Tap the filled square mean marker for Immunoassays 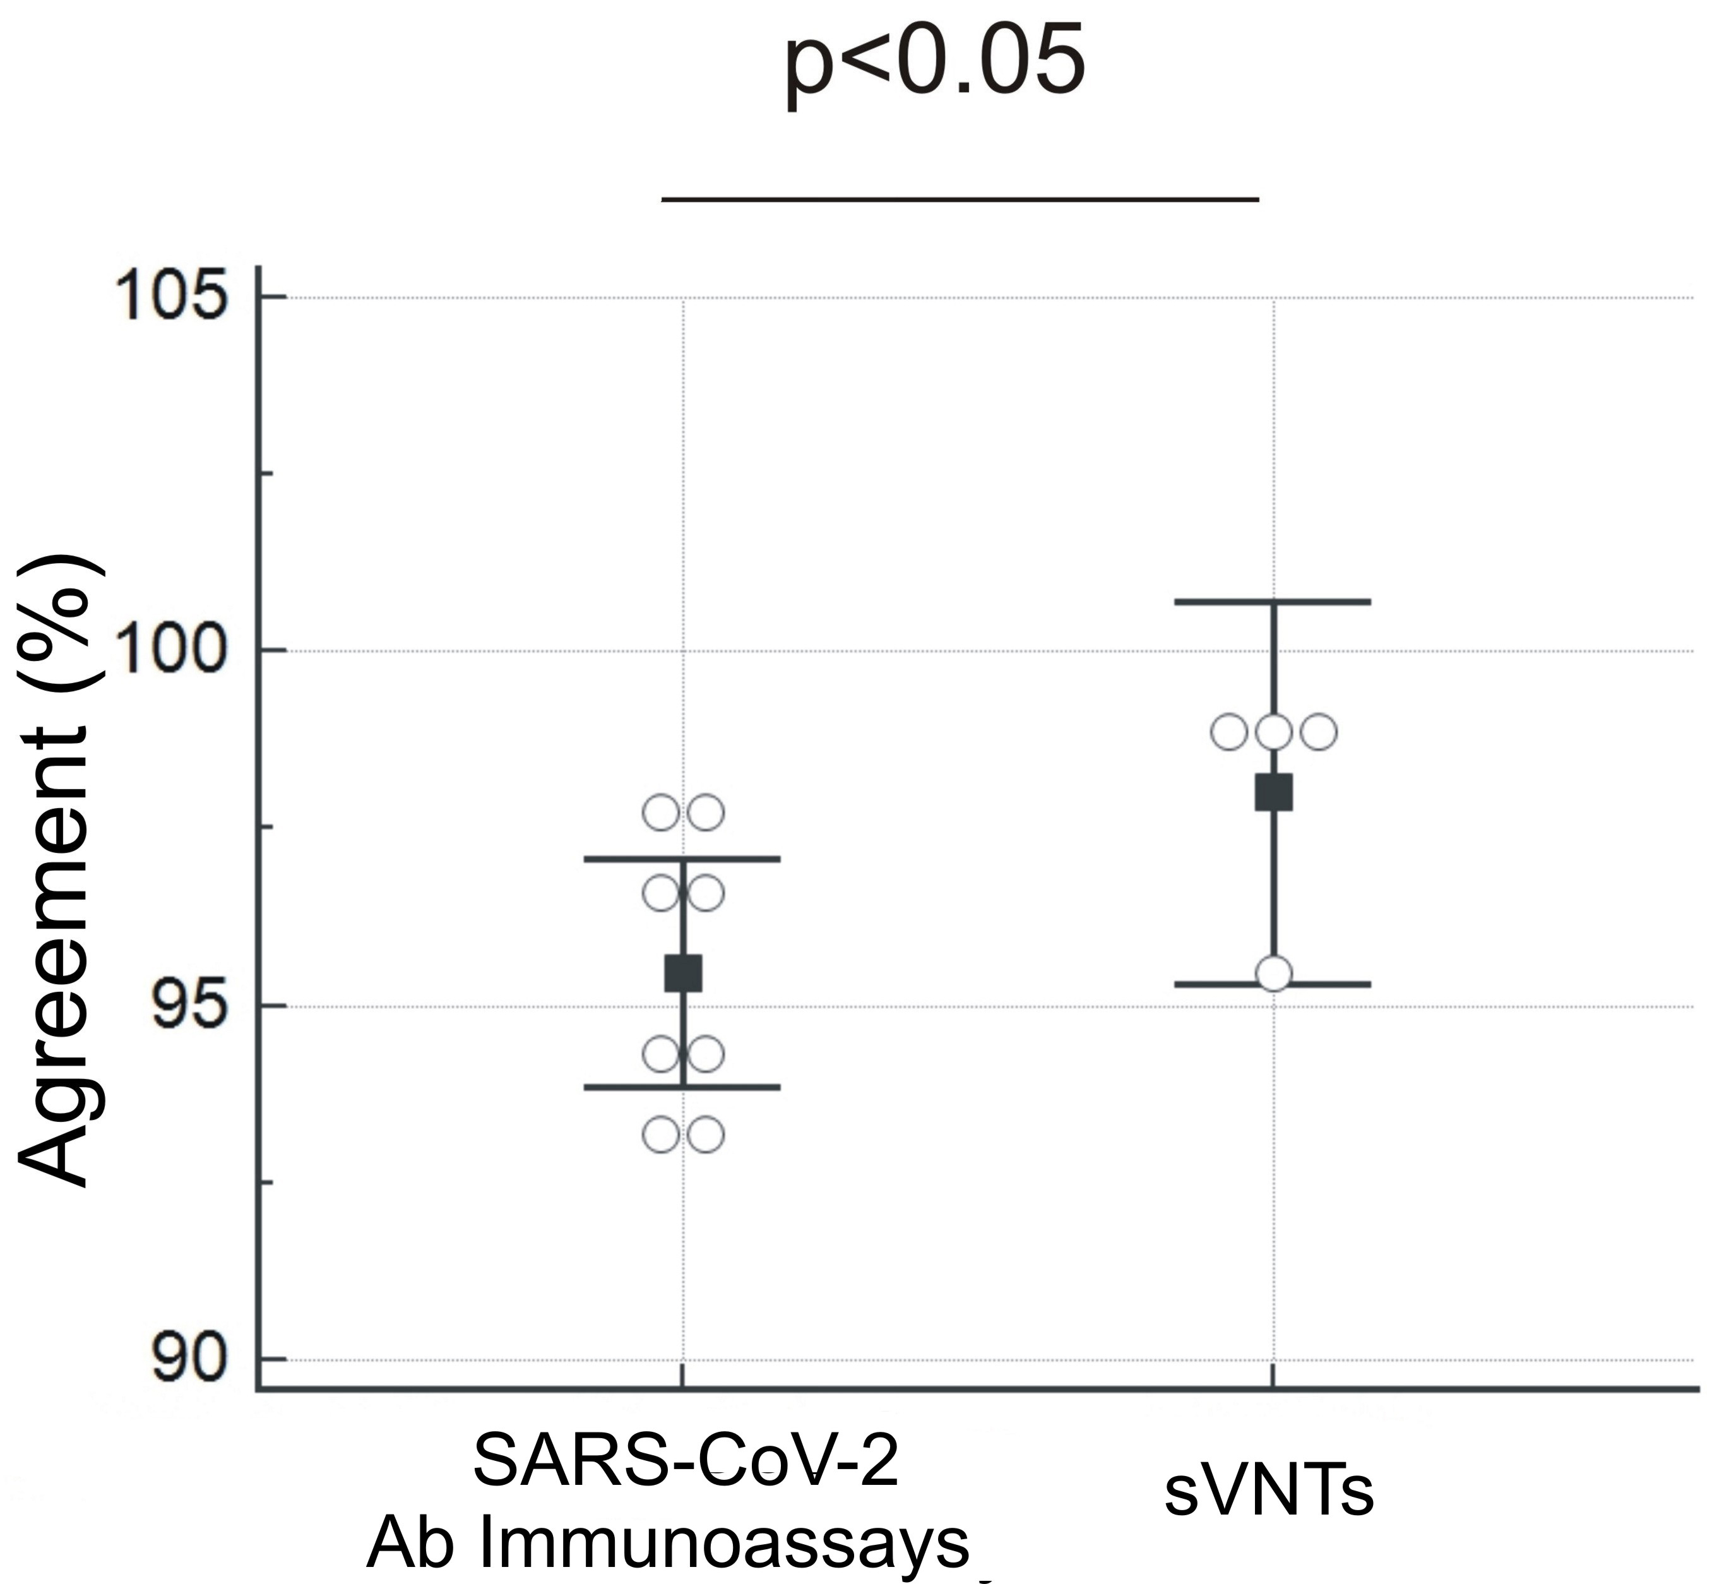tap(683, 974)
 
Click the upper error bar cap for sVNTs tap(1273, 602)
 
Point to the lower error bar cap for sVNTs tap(1273, 984)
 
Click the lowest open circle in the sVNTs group tap(1273, 974)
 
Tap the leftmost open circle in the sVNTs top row tap(1230, 732)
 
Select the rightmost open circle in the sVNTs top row tap(1318, 732)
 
